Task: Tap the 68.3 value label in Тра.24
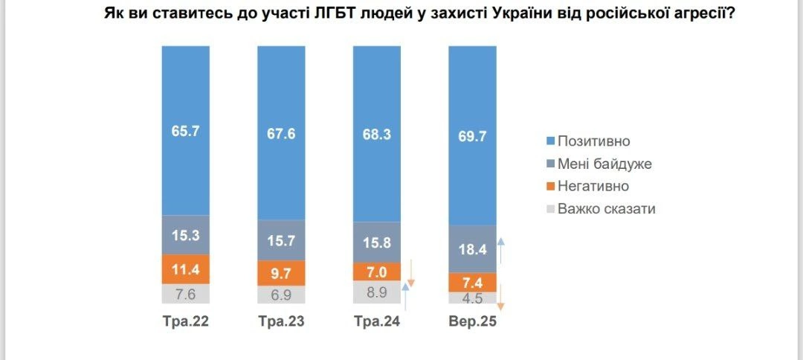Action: (376, 136)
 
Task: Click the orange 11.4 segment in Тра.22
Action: (186, 269)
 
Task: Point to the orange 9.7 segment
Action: (281, 273)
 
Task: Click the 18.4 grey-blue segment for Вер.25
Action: (472, 249)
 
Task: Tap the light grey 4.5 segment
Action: (472, 298)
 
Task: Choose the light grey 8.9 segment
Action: (376, 292)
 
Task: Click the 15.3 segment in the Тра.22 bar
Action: (186, 235)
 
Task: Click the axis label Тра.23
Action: (281, 324)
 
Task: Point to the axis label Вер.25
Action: (472, 324)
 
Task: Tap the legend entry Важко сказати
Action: (605, 208)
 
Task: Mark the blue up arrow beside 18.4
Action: (501, 251)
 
